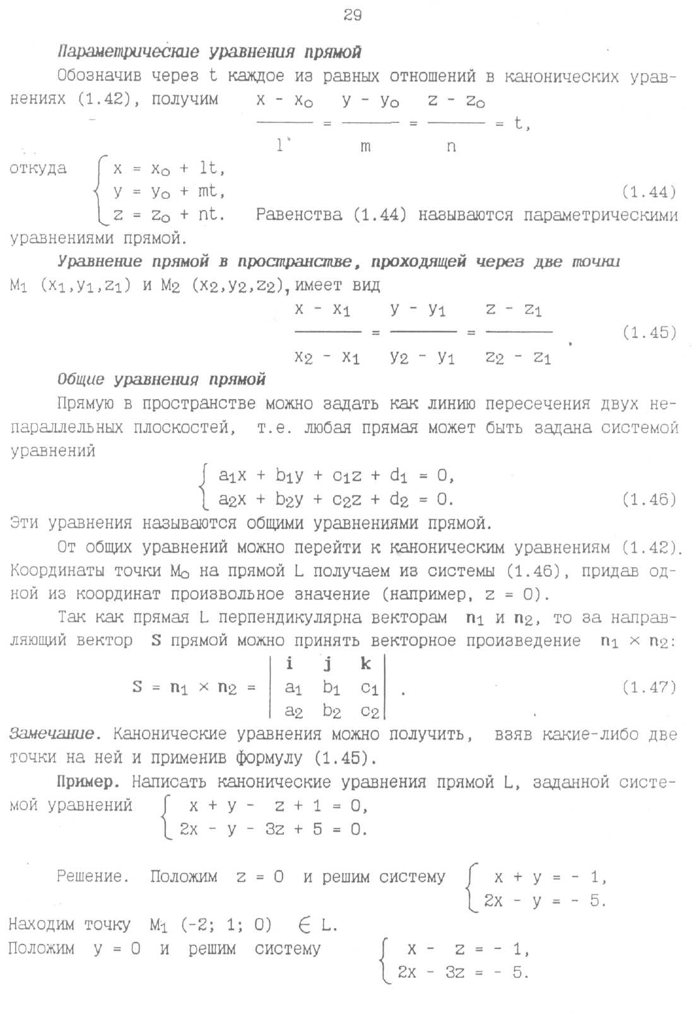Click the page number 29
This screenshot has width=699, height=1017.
tap(352, 15)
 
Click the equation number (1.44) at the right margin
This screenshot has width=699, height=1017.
tap(649, 192)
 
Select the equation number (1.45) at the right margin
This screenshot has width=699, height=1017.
tap(649, 332)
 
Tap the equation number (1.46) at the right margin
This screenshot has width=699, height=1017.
tap(649, 499)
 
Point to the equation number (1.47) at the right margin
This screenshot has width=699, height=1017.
tap(649, 687)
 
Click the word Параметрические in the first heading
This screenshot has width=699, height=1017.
tap(128, 52)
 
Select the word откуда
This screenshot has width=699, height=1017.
tap(38, 168)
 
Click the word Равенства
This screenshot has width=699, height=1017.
tap(299, 215)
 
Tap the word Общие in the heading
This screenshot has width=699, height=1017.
tap(81, 380)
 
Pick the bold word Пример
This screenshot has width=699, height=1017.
tap(88, 782)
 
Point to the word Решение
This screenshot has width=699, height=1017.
tap(93, 876)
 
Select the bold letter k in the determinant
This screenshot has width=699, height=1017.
tap(366, 664)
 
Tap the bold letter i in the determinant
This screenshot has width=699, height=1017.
tap(290, 664)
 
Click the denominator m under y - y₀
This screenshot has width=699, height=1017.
tap(365, 147)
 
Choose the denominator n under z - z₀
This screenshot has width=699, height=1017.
tap(451, 147)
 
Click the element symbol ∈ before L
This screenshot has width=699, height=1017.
tap(306, 925)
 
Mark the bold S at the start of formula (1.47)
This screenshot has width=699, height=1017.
tap(138, 687)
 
